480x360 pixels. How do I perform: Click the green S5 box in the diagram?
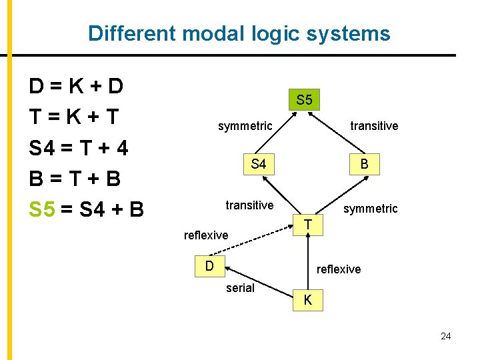point(304,100)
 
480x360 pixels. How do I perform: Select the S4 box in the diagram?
point(258,163)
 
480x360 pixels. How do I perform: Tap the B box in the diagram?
point(365,164)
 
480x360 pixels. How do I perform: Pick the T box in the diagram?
point(309,225)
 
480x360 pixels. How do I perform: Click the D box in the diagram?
point(209,266)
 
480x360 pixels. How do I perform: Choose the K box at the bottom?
point(307,300)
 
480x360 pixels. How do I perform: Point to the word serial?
point(240,288)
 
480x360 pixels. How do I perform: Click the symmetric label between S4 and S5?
point(245,126)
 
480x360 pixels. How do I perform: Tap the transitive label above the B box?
point(374,126)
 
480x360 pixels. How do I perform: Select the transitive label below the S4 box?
point(249,205)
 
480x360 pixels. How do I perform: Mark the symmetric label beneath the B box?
point(370,209)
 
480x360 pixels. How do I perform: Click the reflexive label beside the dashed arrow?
point(206,235)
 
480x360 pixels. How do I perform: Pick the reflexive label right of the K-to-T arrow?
point(339,269)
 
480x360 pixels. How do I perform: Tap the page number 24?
point(446,336)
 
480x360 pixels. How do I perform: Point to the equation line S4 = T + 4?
point(79,147)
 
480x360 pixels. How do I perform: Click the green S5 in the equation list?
point(42,209)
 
